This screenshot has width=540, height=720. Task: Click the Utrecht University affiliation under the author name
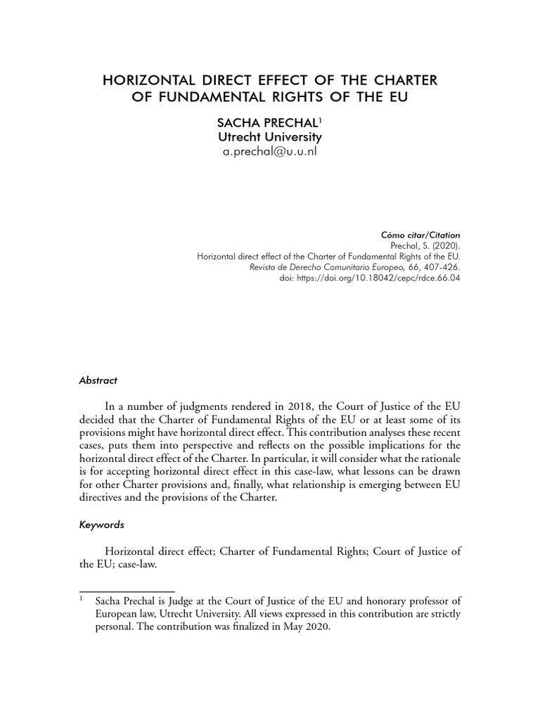point(269,137)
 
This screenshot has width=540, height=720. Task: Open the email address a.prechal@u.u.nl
point(269,151)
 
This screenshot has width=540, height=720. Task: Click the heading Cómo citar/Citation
point(420,234)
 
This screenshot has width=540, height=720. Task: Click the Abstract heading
point(98,380)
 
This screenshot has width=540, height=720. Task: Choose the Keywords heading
point(101,525)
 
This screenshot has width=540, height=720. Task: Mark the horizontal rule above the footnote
point(127,591)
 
